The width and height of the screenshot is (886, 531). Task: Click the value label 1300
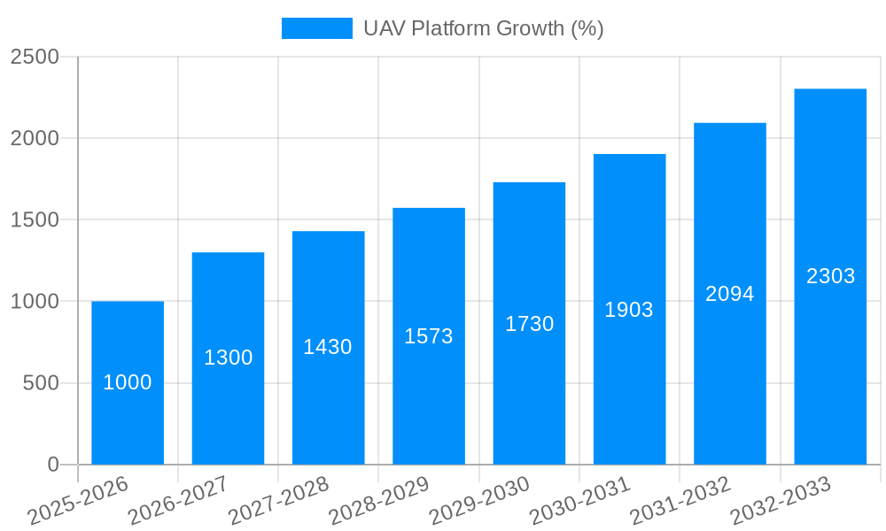[229, 358]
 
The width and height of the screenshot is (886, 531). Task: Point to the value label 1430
[328, 347]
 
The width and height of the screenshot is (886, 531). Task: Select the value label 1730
[530, 324]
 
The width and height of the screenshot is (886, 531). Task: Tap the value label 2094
[730, 294]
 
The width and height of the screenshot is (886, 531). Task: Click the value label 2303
[831, 276]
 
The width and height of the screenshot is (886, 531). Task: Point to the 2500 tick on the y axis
[35, 58]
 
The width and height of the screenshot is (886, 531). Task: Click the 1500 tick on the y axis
[35, 220]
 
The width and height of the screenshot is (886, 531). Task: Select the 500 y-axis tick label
[41, 383]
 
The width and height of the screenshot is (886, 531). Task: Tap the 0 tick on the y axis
[53, 465]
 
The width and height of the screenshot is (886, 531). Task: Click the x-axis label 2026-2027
[178, 501]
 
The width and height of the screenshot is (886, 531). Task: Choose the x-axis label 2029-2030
[479, 501]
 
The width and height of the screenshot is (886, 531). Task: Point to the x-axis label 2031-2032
[680, 501]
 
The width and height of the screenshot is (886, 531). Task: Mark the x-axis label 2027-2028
[279, 501]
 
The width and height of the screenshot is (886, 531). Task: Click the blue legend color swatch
[316, 28]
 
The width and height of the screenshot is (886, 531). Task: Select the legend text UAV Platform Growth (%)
[483, 28]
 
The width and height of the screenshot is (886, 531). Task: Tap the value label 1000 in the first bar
[128, 382]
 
